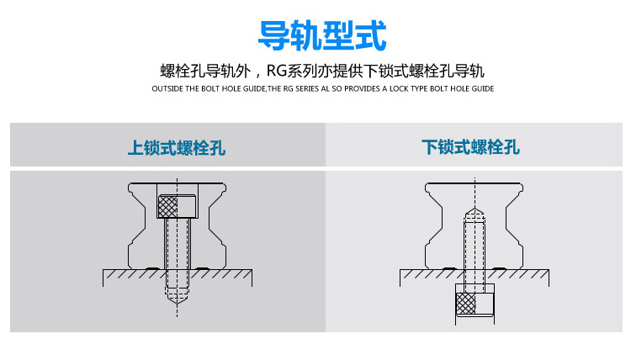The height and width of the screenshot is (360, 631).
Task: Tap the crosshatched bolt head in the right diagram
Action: tap(467, 303)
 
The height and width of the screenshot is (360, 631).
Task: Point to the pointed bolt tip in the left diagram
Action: tap(178, 297)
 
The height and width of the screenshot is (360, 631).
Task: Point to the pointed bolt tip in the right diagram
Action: tap(474, 211)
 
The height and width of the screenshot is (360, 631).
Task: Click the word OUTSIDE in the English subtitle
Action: tap(167, 88)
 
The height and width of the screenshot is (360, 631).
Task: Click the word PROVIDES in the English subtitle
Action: tap(364, 88)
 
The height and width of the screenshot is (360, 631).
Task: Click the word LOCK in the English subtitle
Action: tap(403, 88)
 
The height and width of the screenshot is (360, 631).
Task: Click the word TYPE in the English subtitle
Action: tap(427, 88)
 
